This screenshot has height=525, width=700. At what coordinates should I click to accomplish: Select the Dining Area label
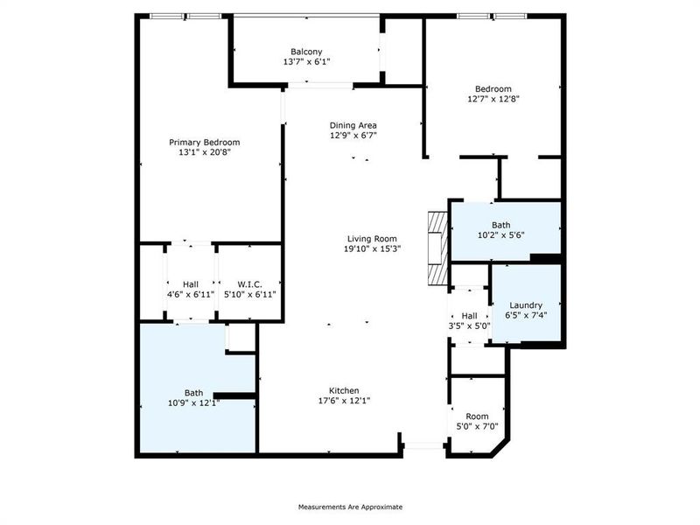click(x=353, y=125)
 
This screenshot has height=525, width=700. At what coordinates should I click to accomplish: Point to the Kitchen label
click(x=344, y=390)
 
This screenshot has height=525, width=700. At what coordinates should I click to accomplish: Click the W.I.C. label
click(x=250, y=283)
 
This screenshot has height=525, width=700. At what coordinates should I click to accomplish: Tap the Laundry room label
click(x=526, y=304)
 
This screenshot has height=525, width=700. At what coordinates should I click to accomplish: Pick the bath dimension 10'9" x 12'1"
click(x=192, y=403)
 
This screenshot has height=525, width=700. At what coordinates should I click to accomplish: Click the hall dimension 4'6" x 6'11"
click(x=191, y=295)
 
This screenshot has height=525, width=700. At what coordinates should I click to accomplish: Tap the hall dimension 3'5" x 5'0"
click(x=469, y=326)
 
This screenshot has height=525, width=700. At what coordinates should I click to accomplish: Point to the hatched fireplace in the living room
click(x=436, y=247)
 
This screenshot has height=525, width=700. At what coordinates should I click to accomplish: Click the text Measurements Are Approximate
click(x=350, y=507)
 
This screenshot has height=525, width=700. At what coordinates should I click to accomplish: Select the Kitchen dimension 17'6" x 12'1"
click(x=344, y=402)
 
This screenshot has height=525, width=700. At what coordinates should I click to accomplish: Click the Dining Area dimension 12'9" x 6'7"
click(x=353, y=136)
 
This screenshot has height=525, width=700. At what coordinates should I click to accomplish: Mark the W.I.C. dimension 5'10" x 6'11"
click(x=250, y=295)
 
